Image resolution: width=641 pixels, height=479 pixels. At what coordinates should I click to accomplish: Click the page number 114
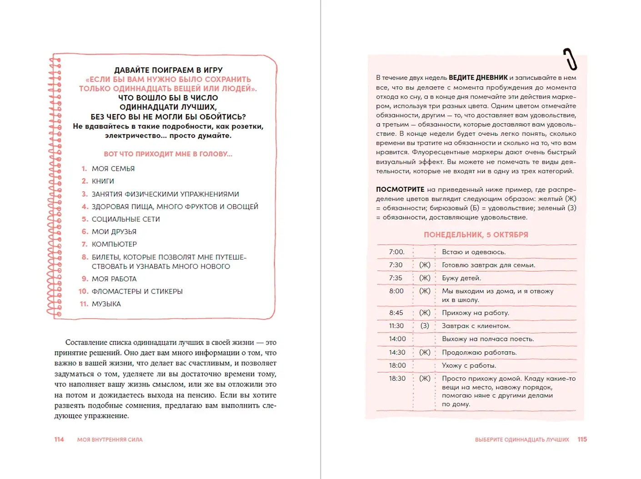59,439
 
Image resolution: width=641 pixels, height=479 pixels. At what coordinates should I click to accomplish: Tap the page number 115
582,439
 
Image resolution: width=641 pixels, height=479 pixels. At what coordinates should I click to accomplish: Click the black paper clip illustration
570,59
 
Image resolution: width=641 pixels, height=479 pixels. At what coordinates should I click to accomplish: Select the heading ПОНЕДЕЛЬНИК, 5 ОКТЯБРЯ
476,235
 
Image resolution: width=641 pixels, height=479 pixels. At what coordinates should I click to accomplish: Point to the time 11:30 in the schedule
396,326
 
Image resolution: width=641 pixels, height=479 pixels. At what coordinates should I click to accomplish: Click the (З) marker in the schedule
425,326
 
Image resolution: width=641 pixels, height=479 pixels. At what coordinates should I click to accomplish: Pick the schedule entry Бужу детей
461,278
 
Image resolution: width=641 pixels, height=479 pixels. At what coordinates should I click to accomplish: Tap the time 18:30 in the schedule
397,379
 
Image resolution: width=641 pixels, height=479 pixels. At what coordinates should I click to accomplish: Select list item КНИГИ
103,181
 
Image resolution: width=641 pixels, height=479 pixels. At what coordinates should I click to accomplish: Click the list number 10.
83,291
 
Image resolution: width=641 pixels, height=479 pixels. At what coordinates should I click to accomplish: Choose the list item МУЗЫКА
106,304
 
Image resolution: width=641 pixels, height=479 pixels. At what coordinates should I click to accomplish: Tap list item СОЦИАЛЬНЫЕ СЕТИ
125,219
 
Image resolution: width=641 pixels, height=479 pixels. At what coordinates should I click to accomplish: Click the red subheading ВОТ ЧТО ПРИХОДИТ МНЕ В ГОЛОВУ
168,154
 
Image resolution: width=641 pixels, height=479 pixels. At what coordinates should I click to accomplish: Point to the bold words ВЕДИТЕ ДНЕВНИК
478,78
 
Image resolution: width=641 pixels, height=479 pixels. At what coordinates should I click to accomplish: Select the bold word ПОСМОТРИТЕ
400,190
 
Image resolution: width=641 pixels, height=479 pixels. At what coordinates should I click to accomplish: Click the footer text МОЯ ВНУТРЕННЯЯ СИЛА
110,440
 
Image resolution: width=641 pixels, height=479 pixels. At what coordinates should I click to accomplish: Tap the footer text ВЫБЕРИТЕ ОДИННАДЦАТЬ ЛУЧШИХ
522,440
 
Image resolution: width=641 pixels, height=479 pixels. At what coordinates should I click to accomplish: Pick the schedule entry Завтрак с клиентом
476,326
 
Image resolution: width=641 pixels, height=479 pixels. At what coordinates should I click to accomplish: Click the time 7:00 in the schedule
396,252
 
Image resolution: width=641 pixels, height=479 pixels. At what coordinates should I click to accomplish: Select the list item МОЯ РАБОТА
114,279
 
